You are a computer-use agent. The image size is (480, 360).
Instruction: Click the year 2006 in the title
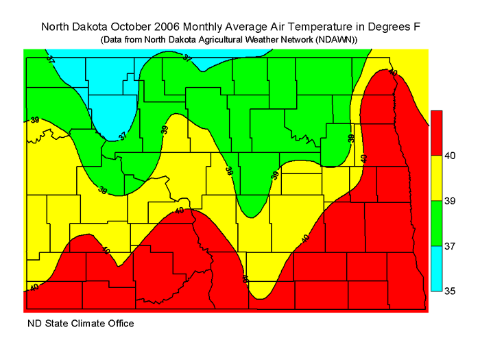click(x=169, y=27)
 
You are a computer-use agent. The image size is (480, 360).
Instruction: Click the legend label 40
click(x=451, y=156)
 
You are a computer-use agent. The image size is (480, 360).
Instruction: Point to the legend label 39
click(x=451, y=201)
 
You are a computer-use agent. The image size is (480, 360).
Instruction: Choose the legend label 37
click(x=451, y=245)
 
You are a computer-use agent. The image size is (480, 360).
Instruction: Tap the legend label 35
click(x=451, y=291)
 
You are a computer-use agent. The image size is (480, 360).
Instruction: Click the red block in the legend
click(x=436, y=132)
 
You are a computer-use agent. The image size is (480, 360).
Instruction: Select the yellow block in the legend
click(x=436, y=178)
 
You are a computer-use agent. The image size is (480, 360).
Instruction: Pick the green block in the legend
click(x=436, y=223)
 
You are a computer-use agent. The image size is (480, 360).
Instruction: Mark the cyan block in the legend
click(x=436, y=268)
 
